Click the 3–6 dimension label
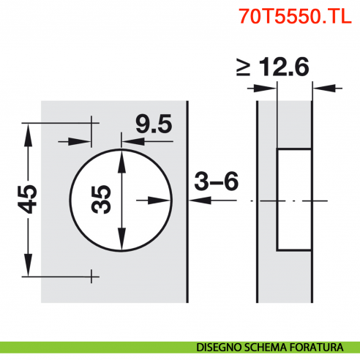pos(216,180)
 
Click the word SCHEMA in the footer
pos(271,346)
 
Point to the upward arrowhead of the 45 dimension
pos(29,130)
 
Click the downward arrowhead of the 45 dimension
pos(29,269)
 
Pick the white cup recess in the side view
pos(293,199)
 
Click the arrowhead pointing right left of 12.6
pos(272,89)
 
